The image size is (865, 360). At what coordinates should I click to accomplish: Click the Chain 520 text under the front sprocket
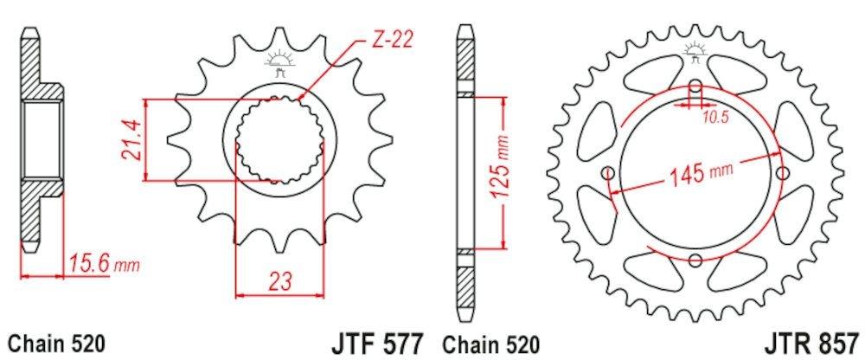(x=56, y=342)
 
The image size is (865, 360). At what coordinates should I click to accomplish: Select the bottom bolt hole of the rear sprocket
(x=695, y=259)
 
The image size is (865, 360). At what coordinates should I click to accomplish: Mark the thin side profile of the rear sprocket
(x=465, y=173)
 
